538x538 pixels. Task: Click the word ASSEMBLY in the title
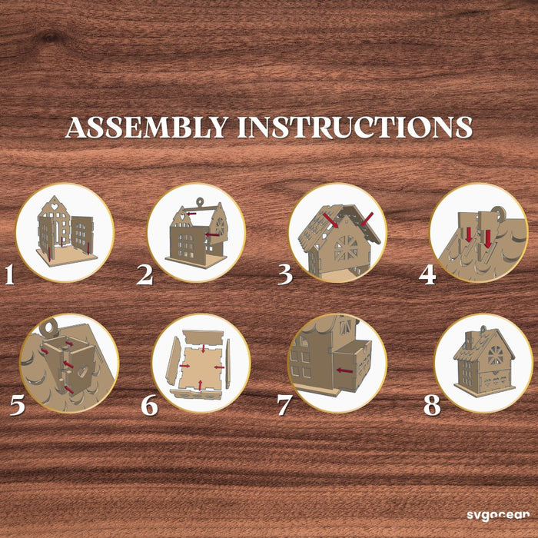click(x=147, y=127)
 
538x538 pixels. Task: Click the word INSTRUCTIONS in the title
click(x=355, y=127)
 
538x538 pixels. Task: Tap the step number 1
click(x=9, y=275)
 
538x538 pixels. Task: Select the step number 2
click(x=144, y=275)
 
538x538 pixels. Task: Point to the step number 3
click(x=285, y=275)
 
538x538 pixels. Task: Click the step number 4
click(x=427, y=275)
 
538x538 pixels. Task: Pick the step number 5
click(x=18, y=405)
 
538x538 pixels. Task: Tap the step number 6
click(x=150, y=405)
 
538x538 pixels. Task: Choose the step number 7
click(x=285, y=405)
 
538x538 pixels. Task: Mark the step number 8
click(x=432, y=405)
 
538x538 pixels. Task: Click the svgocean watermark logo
click(x=498, y=516)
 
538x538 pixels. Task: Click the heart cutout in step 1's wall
click(x=55, y=207)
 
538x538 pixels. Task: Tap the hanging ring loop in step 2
click(x=200, y=201)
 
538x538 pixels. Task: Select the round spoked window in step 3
click(x=346, y=247)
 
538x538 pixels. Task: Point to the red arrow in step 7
click(x=344, y=370)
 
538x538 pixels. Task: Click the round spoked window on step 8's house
click(x=496, y=355)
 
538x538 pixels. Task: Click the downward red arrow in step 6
click(x=204, y=349)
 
